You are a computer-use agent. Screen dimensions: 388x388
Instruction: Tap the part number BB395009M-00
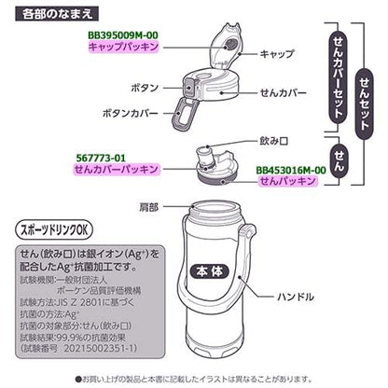pos(118,35)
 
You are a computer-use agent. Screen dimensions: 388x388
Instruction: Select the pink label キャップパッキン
pos(118,48)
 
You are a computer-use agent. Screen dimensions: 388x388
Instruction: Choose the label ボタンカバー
pos(130,113)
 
